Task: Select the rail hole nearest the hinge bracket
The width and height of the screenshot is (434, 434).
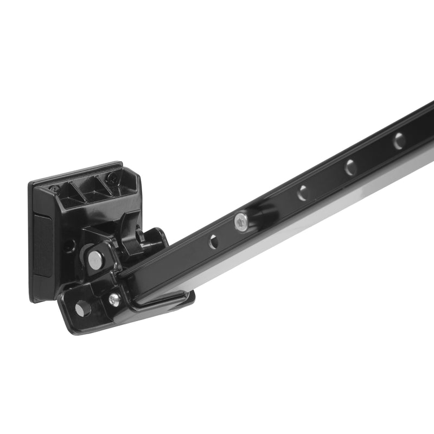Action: (x=213, y=242)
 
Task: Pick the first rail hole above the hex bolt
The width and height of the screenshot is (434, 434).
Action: (x=302, y=192)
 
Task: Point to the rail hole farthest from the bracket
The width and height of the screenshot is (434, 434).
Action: (x=399, y=141)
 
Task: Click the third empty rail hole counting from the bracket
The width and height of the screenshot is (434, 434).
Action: (x=350, y=167)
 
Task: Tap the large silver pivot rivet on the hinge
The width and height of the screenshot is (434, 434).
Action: (x=95, y=259)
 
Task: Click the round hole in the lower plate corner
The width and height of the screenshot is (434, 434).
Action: (x=82, y=309)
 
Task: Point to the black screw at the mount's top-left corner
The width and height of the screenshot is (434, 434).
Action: (x=55, y=188)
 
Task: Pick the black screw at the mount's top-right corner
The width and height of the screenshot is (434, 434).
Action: (x=112, y=177)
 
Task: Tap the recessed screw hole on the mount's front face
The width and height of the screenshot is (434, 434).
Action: (x=69, y=245)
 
